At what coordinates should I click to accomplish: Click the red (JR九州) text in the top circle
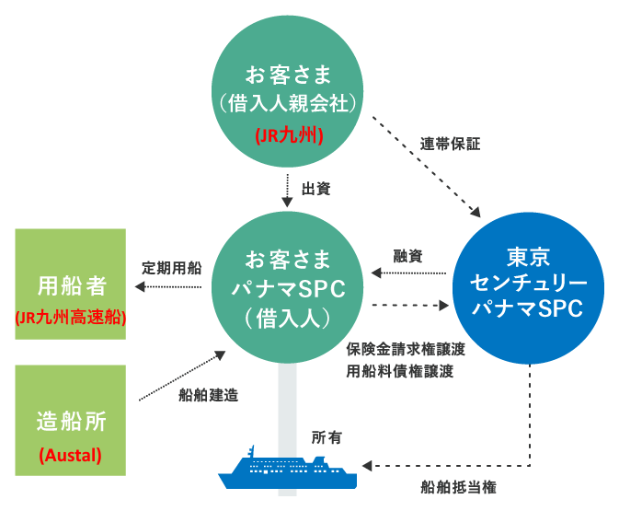289,135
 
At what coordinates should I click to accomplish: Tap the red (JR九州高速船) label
71,318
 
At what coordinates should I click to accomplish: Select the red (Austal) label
70,455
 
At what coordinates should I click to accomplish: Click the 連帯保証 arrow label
450,144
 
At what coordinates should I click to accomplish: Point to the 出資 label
315,189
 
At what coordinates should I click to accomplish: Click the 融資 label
407,256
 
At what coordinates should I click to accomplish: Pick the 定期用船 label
172,268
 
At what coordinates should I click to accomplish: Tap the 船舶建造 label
209,395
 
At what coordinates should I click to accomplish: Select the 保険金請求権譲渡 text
406,349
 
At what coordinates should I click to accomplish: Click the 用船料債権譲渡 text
400,371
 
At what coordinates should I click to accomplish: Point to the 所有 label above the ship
327,437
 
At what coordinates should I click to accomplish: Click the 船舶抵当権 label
458,487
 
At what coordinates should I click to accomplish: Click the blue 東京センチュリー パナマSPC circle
528,288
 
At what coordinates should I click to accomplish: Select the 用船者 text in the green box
72,285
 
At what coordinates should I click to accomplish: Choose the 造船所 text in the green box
72,422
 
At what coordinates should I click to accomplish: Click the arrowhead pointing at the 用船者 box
140,287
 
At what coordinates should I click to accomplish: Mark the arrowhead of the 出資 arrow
287,203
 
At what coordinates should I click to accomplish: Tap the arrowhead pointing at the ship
367,466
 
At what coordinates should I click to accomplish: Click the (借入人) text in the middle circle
287,319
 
